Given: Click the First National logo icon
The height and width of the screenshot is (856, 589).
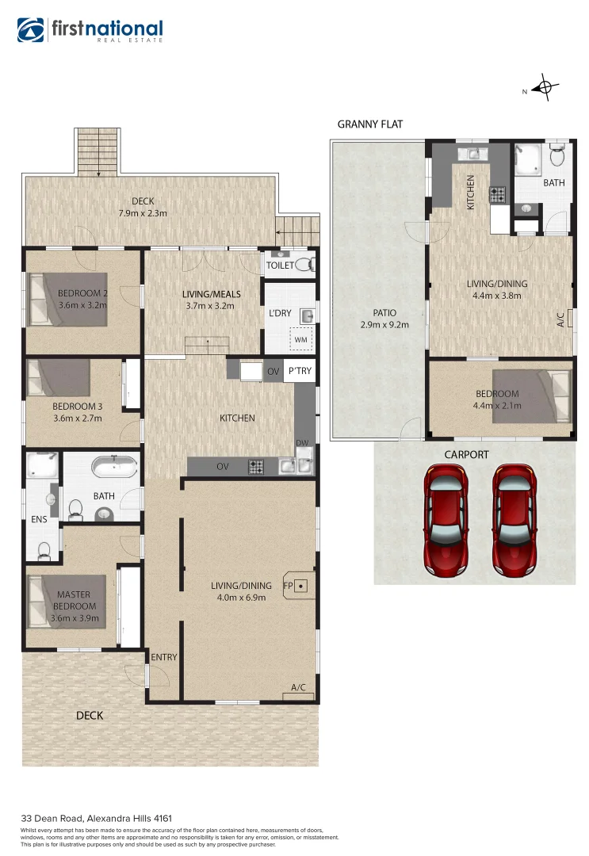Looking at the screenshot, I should coord(32,30).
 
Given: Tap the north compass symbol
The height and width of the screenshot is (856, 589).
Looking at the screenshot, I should coord(544,88).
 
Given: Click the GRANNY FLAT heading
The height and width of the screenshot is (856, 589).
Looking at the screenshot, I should coord(369,124).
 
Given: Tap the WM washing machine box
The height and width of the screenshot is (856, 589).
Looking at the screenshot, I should coord(300,340).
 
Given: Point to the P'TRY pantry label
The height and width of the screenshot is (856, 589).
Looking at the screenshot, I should coord(300,371).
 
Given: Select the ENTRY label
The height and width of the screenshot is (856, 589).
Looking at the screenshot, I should coord(164,657).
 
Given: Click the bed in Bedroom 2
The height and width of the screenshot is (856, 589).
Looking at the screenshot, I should coord(67,300).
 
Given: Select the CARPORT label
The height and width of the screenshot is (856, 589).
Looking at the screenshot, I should coord(466,454).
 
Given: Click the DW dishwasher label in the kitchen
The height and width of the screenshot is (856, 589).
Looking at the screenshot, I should coord(302,442).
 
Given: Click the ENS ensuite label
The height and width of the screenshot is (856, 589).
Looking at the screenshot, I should coord(39,520).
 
